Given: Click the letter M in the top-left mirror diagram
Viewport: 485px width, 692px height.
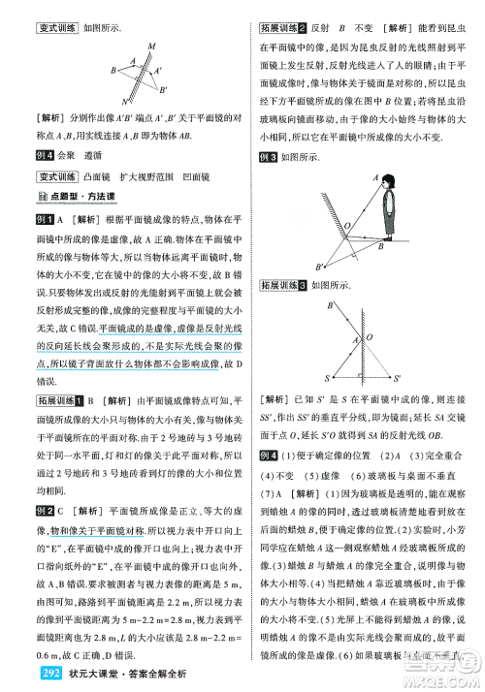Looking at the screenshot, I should [151, 46].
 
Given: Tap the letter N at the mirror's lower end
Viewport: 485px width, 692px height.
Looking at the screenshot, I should [124, 101].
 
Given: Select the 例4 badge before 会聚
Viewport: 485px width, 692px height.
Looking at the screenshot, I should [44, 154].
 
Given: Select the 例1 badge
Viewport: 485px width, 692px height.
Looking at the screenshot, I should [44, 221].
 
